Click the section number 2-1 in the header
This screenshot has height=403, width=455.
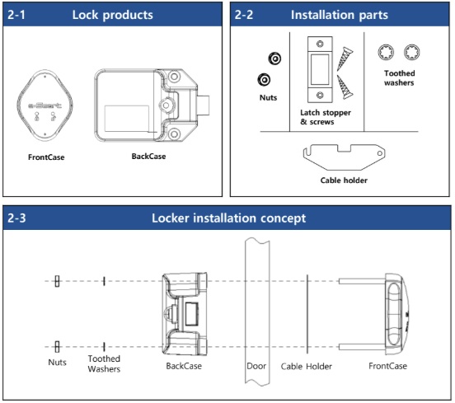coord(16,15)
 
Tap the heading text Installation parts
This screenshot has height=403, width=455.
coord(340,15)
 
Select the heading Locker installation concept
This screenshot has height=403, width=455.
coord(228,218)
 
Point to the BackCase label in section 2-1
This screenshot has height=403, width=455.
coord(148,157)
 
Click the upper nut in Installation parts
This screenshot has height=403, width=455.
coord(274,59)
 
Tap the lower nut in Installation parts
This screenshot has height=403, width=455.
coord(264,79)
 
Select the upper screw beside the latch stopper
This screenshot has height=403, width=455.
coord(345,59)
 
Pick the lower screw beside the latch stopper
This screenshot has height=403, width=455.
coord(345,87)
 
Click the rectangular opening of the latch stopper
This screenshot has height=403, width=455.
coord(320,69)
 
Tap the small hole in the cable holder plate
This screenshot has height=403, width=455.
coord(379,153)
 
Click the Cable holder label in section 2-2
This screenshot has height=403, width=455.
coord(344,180)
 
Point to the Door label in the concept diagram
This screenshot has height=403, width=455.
coord(256,366)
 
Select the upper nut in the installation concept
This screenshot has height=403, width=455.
coord(57,281)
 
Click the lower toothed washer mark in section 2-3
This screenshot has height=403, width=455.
coord(104,347)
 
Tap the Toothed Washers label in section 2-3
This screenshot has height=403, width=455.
coord(104,363)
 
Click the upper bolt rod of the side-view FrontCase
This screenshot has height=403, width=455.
coord(362,281)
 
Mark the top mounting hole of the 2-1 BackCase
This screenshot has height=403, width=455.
coord(174,77)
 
